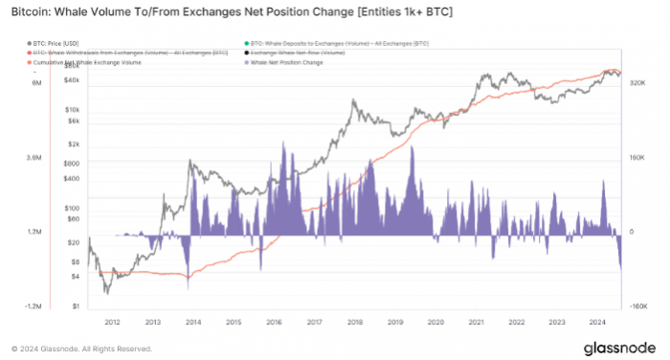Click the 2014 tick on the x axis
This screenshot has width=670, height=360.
coord(192,324)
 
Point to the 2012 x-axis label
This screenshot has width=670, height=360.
coord(111,324)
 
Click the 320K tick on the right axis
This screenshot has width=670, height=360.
coord(638,83)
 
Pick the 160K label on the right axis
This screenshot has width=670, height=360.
coord(638,158)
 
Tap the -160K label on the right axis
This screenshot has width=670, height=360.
coord(638,307)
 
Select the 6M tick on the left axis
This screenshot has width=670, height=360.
coord(35,83)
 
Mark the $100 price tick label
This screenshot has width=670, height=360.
coord(72,208)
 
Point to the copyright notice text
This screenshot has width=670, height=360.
coord(82,349)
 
